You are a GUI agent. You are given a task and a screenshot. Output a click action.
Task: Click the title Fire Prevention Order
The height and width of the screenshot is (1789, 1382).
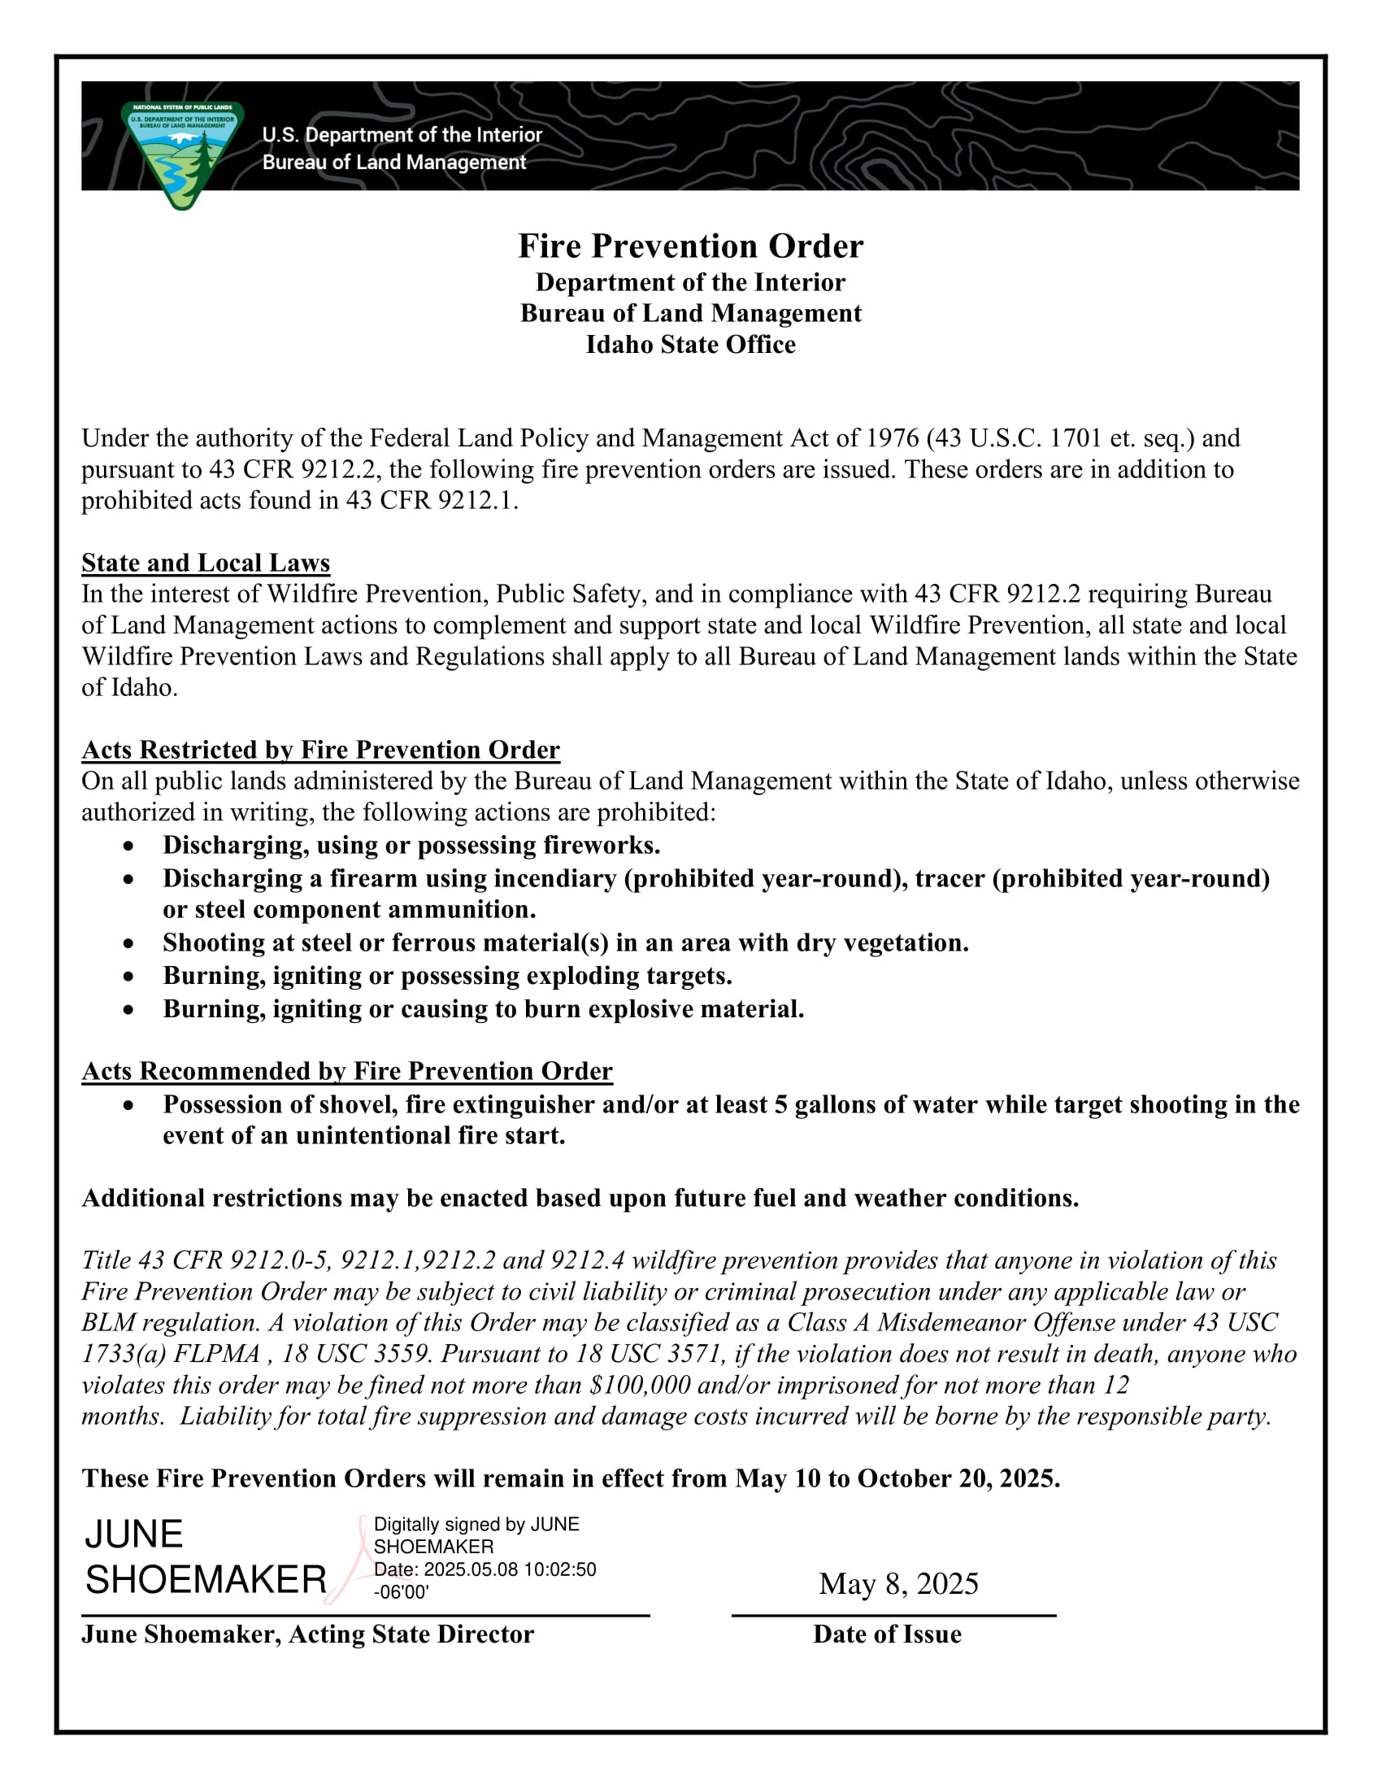(x=690, y=246)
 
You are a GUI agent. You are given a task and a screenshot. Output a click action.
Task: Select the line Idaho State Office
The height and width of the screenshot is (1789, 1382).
(x=690, y=345)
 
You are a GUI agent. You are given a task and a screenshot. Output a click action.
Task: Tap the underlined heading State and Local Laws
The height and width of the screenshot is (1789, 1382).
(x=206, y=563)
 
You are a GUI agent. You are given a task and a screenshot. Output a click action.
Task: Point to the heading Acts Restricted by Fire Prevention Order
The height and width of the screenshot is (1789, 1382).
(x=320, y=750)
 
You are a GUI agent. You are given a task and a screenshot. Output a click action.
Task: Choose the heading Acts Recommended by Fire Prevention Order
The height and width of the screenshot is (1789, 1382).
(x=347, y=1071)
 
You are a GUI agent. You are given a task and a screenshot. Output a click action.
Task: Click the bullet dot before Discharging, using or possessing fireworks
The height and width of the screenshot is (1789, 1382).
(x=128, y=847)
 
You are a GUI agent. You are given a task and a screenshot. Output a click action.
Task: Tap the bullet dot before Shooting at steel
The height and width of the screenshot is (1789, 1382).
(x=128, y=943)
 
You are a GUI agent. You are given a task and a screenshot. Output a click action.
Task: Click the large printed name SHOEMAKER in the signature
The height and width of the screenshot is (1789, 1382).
(x=206, y=1579)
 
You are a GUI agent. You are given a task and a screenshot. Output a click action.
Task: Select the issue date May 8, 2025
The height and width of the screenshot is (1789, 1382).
(x=898, y=1584)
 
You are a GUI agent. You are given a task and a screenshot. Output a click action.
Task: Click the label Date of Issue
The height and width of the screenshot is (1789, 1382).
(x=887, y=1634)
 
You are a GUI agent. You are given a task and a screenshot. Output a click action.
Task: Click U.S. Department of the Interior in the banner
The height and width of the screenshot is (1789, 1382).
(x=402, y=135)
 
